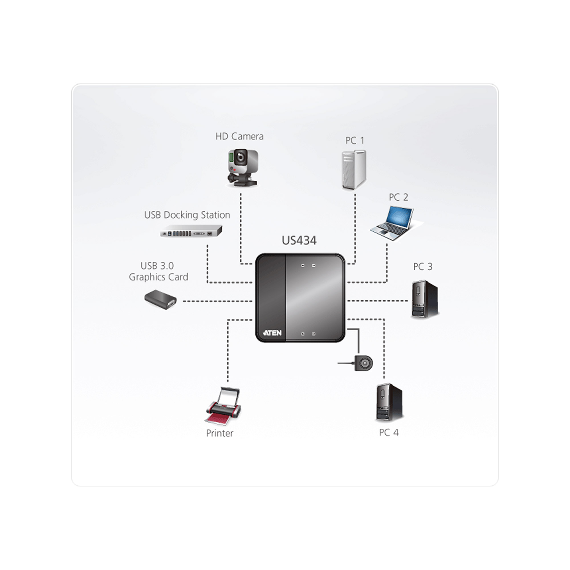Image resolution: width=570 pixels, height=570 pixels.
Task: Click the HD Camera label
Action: [239, 136]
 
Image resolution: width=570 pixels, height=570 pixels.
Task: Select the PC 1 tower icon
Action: [354, 170]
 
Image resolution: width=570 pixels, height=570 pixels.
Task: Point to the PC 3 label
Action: [422, 267]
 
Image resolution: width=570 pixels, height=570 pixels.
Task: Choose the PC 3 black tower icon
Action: [425, 299]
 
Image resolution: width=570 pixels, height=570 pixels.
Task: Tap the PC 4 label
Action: [388, 433]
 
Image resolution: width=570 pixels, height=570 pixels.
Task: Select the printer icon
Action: [223, 406]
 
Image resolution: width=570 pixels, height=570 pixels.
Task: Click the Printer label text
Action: [219, 433]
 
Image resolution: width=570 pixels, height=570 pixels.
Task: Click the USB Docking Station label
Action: [187, 215]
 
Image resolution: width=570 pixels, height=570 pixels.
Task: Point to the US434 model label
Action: [299, 241]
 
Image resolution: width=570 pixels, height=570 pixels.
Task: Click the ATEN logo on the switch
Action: [272, 333]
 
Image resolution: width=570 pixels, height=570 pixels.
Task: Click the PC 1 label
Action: [355, 141]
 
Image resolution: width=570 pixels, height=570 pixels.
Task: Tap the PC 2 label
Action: [398, 197]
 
